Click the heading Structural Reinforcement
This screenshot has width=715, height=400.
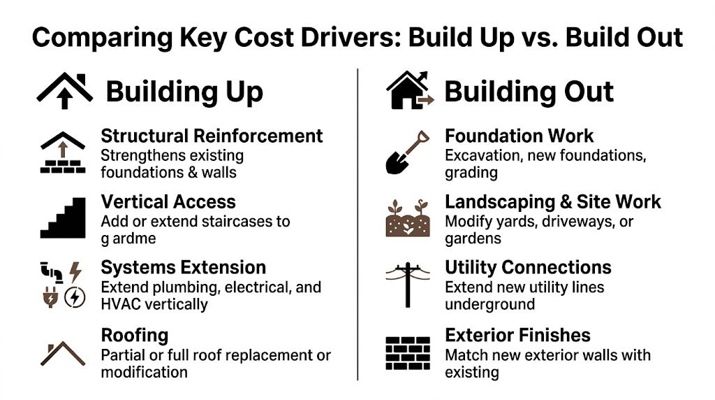pyautogui.click(x=212, y=136)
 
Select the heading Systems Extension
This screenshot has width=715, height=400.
pyautogui.click(x=183, y=268)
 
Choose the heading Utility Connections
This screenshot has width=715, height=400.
pyautogui.click(x=528, y=268)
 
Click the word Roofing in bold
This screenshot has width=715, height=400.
pyautogui.click(x=134, y=335)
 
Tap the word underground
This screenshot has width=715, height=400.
pyautogui.click(x=489, y=303)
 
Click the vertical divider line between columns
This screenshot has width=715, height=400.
pyautogui.click(x=358, y=224)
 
